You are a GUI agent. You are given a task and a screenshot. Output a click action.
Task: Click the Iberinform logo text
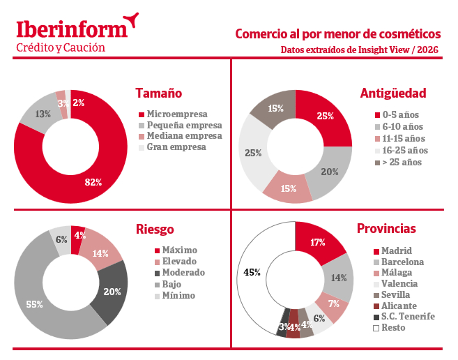click(x=72, y=29)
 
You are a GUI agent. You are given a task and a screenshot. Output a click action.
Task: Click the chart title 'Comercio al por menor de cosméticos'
click(x=337, y=33)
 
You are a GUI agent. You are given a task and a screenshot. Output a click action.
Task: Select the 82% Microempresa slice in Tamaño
click(x=93, y=181)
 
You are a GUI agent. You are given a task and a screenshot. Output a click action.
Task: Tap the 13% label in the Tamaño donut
click(x=43, y=113)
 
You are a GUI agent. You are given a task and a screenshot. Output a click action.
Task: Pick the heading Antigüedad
click(x=392, y=93)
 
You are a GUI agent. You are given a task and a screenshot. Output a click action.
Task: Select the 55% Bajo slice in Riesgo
click(x=35, y=304)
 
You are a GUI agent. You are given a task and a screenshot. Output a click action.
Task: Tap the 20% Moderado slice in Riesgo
click(x=112, y=292)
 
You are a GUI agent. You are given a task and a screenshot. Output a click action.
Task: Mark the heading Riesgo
click(x=155, y=229)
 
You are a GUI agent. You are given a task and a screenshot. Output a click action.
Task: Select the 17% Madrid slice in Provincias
click(x=317, y=243)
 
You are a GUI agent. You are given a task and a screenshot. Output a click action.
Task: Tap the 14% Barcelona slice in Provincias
click(x=339, y=278)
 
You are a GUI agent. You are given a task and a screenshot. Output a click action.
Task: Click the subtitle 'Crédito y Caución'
click(x=61, y=48)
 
